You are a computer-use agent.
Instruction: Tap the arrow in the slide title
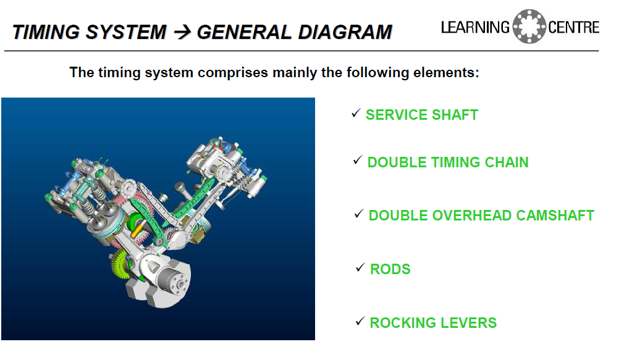(183, 32)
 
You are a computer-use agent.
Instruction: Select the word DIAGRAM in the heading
(345, 32)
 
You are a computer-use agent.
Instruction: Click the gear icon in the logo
(529, 27)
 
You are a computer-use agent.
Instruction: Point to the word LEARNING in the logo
(476, 27)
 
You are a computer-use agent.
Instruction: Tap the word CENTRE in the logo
(573, 27)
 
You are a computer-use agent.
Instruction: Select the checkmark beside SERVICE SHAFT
(356, 114)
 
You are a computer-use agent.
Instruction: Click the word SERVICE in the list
(397, 115)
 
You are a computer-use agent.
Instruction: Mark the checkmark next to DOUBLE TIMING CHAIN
(357, 161)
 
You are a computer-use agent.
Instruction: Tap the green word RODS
(390, 269)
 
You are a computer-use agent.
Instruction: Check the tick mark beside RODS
(360, 268)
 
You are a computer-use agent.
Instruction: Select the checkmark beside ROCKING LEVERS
(360, 321)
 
